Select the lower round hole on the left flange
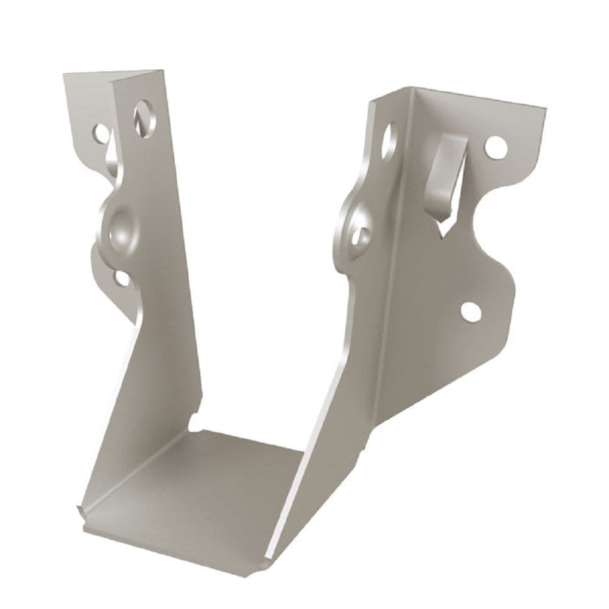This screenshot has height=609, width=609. [x=121, y=278]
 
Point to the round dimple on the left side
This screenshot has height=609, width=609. [x=118, y=228]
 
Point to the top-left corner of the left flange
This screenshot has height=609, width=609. [x=66, y=76]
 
